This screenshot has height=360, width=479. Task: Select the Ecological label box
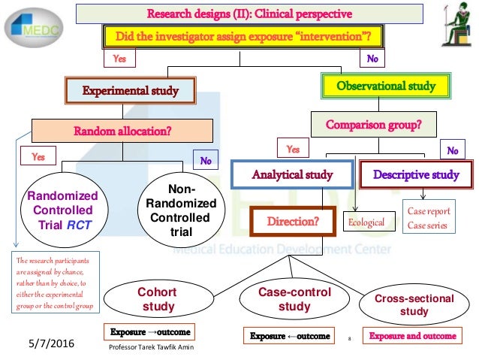tap(366, 222)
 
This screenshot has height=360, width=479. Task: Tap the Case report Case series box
tap(429, 217)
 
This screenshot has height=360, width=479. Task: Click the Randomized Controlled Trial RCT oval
tap(59, 208)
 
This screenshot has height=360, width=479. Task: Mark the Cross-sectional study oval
tap(414, 305)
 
